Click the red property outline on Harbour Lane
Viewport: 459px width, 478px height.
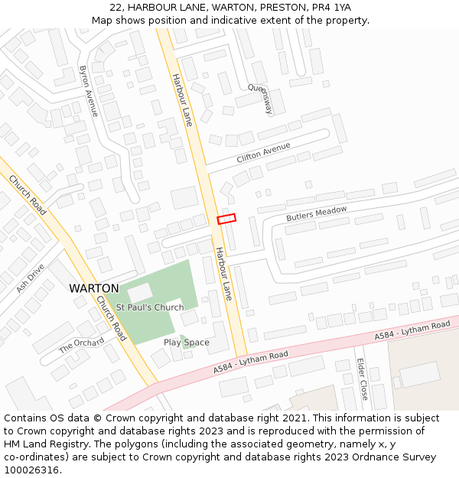pyautogui.click(x=226, y=219)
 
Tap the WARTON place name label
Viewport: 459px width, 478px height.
pyautogui.click(x=93, y=288)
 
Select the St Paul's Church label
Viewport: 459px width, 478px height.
pyautogui.click(x=150, y=307)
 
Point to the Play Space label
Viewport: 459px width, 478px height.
pyautogui.click(x=186, y=343)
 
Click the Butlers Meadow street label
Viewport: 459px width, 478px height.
pyautogui.click(x=317, y=214)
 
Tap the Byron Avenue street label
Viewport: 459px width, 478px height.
pyautogui.click(x=89, y=91)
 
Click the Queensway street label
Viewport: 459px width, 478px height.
pyautogui.click(x=260, y=99)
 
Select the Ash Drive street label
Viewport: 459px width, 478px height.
pyautogui.click(x=31, y=278)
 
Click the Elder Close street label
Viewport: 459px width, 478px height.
pyautogui.click(x=363, y=379)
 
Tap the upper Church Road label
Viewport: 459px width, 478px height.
pyautogui.click(x=28, y=196)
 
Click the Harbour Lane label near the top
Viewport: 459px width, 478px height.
pyautogui.click(x=182, y=99)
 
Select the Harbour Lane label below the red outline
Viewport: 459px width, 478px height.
pyautogui.click(x=223, y=273)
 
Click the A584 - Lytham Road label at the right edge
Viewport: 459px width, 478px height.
pyautogui.click(x=412, y=331)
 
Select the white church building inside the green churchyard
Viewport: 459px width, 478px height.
pyautogui.click(x=139, y=291)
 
